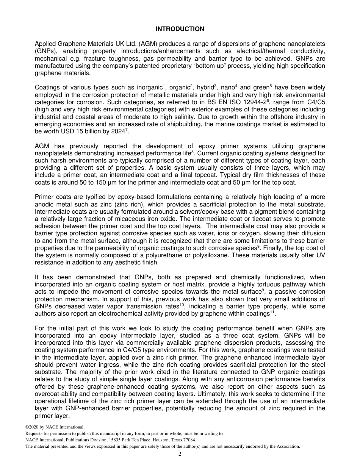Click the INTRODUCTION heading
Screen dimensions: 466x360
click(x=180, y=29)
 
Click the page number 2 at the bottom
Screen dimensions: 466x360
click(x=180, y=454)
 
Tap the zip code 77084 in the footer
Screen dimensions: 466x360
click(x=189, y=440)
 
